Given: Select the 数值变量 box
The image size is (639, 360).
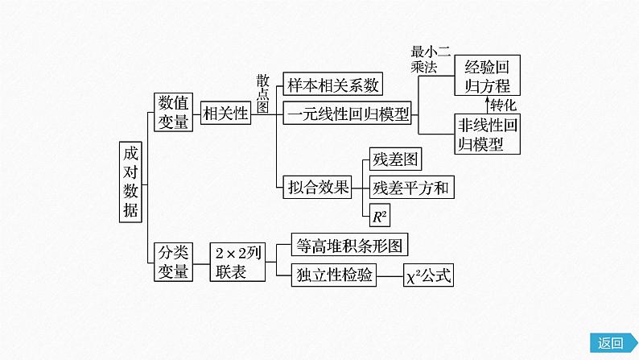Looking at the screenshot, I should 173,112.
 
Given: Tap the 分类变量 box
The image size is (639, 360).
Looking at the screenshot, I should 173,262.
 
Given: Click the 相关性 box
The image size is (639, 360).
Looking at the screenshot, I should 225,114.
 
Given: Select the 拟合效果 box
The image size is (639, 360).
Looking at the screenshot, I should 319,188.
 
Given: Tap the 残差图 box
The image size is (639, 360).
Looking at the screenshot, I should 394,159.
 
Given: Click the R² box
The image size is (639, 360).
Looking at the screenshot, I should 379,215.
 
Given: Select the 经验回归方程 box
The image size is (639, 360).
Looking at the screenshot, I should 487,76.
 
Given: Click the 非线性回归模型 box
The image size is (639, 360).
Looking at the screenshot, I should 487,134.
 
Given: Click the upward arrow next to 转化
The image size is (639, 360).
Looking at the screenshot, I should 487,105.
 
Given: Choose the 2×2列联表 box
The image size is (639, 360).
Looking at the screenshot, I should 237,262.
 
